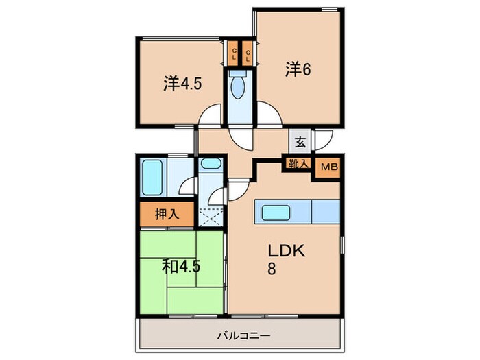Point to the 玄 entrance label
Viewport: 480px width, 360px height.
tap(300, 143)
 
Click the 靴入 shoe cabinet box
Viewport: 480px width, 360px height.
tap(298, 165)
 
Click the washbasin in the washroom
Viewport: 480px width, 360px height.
tap(210, 165)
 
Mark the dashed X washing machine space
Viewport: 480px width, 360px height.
tap(211, 215)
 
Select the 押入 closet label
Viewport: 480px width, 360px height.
tap(165, 214)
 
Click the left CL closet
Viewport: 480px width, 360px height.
tap(234, 53)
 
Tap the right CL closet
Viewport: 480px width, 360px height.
tap(248, 53)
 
